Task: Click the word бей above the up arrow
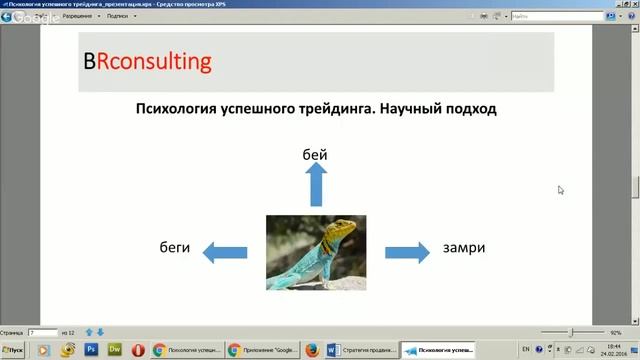[x=315, y=154]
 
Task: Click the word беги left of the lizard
[x=174, y=247]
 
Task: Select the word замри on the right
[x=464, y=247]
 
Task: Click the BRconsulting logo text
[x=148, y=61]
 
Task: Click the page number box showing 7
[x=42, y=331]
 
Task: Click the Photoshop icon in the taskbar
[x=92, y=350]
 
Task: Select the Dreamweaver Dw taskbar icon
[x=114, y=350]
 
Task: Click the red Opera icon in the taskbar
[x=137, y=350]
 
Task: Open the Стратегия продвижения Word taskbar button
[x=360, y=350]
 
